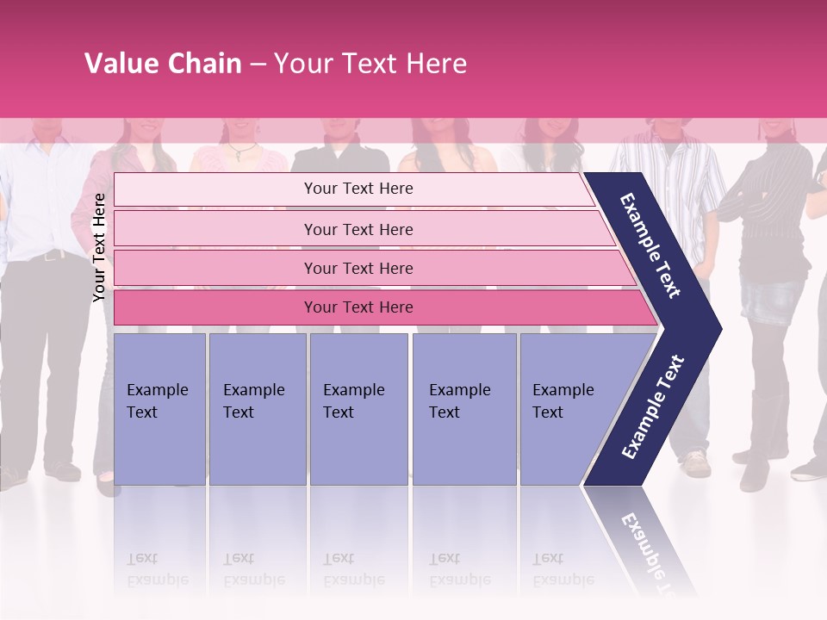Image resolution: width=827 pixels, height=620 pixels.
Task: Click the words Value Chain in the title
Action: click(163, 64)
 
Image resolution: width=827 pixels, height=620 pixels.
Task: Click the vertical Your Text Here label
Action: click(99, 247)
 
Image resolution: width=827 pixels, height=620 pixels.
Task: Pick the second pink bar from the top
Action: click(358, 229)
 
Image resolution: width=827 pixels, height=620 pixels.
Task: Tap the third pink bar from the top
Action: click(358, 268)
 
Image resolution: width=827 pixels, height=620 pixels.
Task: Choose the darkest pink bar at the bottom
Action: click(358, 307)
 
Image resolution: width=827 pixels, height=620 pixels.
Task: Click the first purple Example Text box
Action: click(159, 408)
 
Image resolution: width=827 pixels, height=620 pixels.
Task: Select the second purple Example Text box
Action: click(258, 408)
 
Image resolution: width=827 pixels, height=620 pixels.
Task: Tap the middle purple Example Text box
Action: click(358, 408)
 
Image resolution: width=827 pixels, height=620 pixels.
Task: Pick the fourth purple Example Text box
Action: click(464, 408)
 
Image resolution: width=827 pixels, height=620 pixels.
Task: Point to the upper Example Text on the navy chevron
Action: click(651, 245)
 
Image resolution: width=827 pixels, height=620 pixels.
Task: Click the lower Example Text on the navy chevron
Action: click(653, 406)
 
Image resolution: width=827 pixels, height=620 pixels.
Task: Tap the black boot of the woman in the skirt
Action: click(769, 431)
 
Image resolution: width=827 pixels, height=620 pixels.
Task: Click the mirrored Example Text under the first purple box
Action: click(157, 568)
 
